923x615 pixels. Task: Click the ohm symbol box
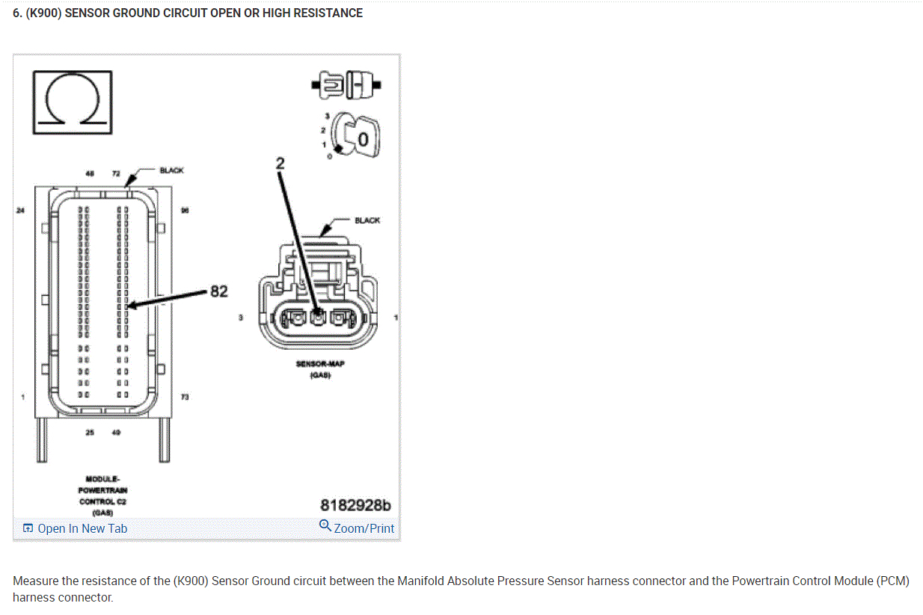(72, 102)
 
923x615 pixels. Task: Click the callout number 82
(218, 291)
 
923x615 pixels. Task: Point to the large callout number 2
(280, 163)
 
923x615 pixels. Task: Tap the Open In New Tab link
(82, 528)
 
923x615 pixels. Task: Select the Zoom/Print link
(364, 528)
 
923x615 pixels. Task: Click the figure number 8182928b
(355, 506)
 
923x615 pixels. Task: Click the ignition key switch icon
(354, 135)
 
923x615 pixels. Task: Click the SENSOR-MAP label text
(320, 364)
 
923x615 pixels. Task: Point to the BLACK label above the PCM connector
(171, 170)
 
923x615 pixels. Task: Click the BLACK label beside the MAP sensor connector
(367, 220)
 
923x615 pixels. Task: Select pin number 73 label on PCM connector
(185, 396)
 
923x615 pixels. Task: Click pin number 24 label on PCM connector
(20, 211)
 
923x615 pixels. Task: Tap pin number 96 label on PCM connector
(185, 211)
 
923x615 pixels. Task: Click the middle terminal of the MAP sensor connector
(319, 318)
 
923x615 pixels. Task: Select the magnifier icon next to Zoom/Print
(325, 526)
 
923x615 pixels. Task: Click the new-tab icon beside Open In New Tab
(28, 528)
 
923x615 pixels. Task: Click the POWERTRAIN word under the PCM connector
(102, 489)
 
